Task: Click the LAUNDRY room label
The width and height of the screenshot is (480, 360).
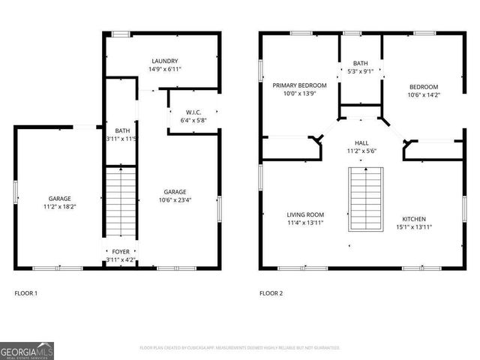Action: (x=164, y=61)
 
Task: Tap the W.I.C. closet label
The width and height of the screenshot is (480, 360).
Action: (x=193, y=113)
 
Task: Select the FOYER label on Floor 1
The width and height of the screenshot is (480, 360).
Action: (x=120, y=252)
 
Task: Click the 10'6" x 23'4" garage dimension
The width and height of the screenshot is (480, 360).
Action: (x=175, y=199)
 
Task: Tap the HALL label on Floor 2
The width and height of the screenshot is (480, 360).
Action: (x=361, y=142)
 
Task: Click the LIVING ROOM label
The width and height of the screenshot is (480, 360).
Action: (x=304, y=214)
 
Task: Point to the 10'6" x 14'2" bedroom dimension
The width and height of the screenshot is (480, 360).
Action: (x=423, y=94)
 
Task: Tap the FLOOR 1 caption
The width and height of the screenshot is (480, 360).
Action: (x=26, y=293)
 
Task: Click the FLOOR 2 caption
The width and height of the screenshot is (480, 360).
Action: (x=271, y=293)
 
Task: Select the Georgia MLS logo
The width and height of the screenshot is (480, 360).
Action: (x=27, y=350)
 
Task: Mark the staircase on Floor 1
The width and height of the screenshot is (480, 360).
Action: (x=120, y=202)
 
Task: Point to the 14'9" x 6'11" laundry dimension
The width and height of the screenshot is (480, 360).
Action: (x=164, y=69)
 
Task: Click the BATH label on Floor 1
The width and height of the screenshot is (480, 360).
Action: (x=120, y=131)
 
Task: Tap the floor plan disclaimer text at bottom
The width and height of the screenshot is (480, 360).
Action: (x=240, y=348)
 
